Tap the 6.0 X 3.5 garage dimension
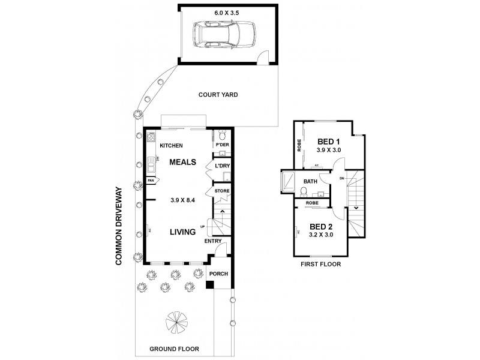tap(228, 11)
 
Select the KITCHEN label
tap(171, 146)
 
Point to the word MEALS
tap(182, 162)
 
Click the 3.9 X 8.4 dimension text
tap(182, 201)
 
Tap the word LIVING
tap(183, 232)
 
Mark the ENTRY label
tap(213, 241)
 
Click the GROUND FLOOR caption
tap(174, 349)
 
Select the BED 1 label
tap(329, 141)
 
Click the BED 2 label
tap(321, 226)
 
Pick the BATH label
tap(310, 181)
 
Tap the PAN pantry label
tap(151, 179)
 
